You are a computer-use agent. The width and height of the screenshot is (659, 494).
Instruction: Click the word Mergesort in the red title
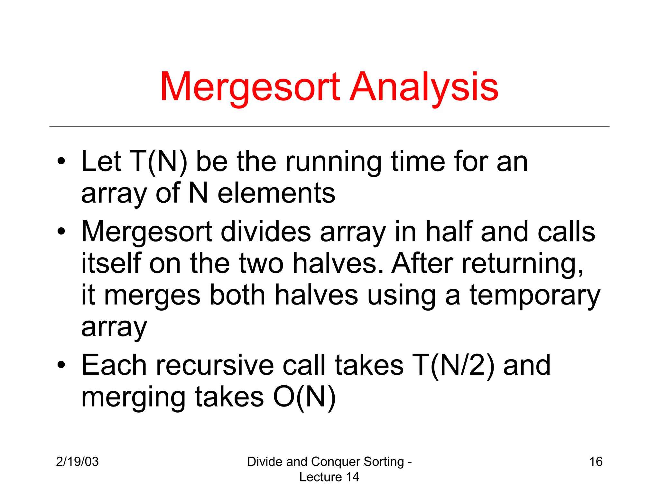coord(250,87)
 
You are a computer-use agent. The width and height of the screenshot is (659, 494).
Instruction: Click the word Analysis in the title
coord(424,87)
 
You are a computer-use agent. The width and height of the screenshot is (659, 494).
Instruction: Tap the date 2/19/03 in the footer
coord(77,462)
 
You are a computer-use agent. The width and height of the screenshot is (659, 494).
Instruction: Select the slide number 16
coord(596,462)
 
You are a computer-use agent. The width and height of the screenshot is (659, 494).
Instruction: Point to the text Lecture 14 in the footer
coord(329,477)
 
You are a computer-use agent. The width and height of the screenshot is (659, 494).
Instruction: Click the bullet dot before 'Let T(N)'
coord(61,161)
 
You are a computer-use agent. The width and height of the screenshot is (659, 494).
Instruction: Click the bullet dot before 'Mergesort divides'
coord(61,231)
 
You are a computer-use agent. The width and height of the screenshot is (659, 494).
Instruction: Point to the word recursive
coord(215,365)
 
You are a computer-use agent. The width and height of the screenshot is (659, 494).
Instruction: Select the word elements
coord(276,194)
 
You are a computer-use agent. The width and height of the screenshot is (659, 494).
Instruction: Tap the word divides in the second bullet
coord(266,232)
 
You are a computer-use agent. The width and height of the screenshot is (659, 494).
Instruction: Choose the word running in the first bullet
coord(333,162)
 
